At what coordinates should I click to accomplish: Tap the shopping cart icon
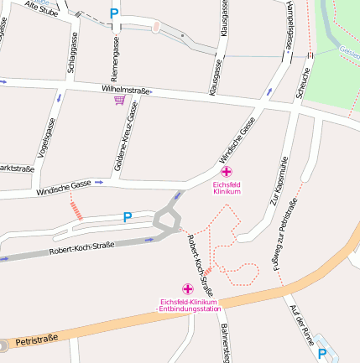119,100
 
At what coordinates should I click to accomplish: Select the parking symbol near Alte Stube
114,13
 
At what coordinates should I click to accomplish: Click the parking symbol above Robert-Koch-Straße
128,217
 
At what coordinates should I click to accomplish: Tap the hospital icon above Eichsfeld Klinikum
227,171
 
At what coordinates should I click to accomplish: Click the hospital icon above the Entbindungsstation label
187,288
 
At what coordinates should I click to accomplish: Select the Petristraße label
36,339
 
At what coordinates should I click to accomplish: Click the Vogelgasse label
46,138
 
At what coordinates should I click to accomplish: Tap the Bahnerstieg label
224,340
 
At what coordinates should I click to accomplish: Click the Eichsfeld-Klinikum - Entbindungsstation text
188,305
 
